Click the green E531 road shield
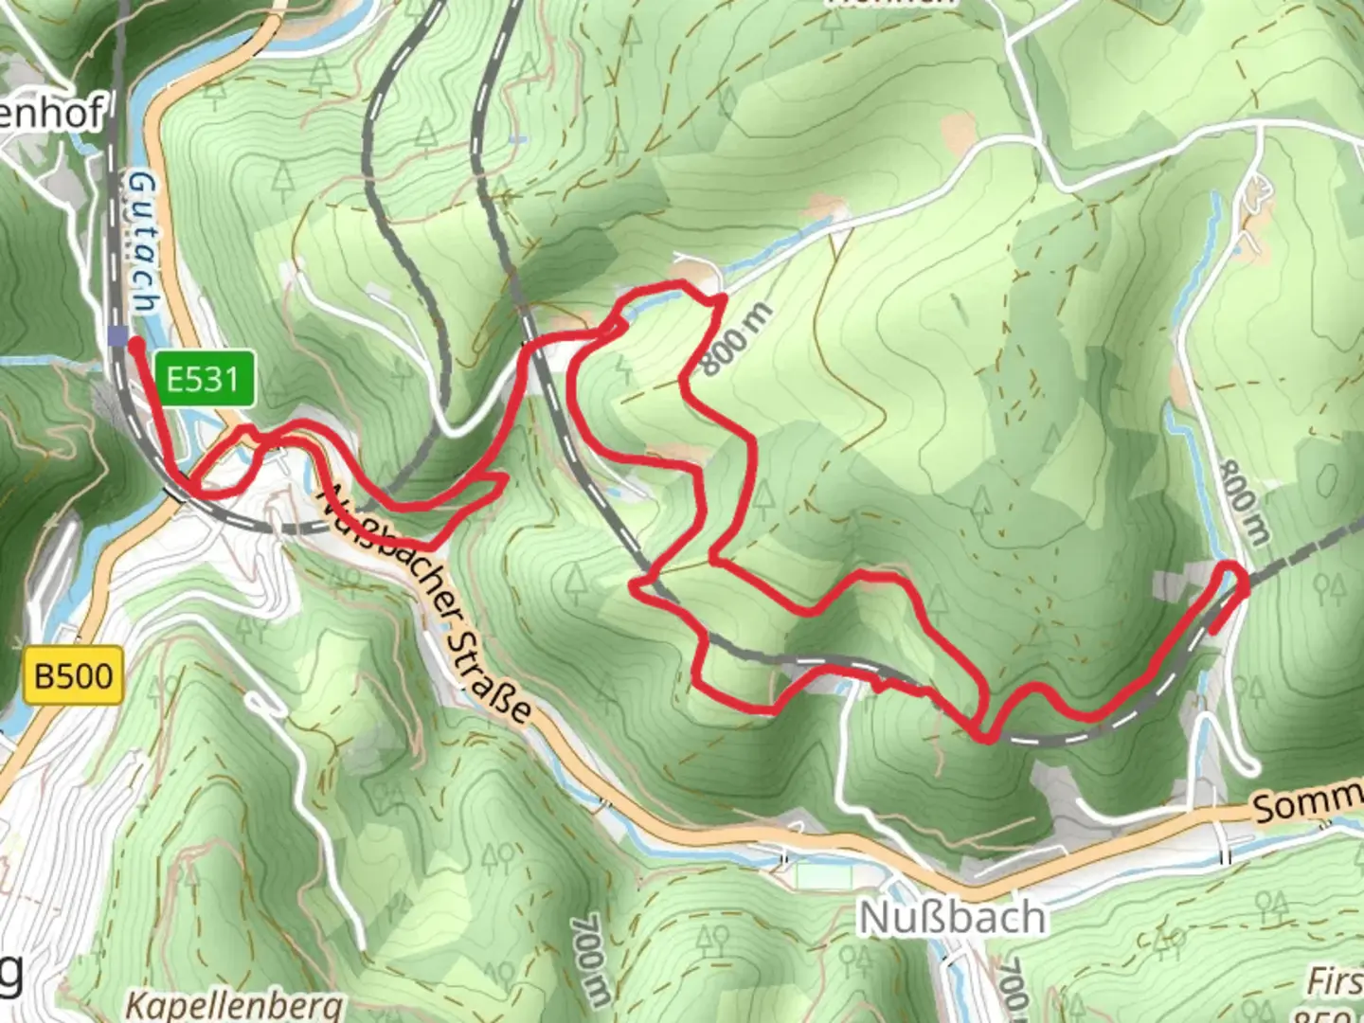(202, 380)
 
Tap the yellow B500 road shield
(74, 676)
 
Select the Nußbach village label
(952, 917)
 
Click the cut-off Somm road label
(1307, 803)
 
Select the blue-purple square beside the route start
(117, 336)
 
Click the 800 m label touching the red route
(737, 338)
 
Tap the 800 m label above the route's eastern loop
(1243, 502)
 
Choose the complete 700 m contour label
(589, 959)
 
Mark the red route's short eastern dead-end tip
(1213, 630)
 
